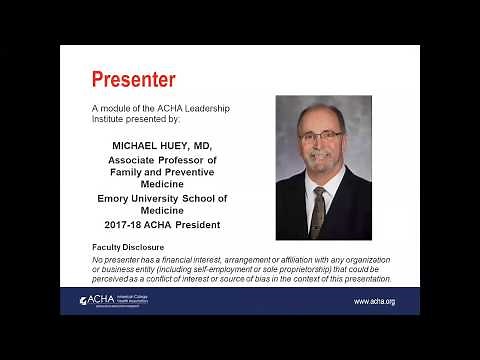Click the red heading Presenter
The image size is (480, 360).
(133, 79)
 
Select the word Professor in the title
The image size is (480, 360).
(188, 159)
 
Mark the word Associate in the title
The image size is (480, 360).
(135, 159)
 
